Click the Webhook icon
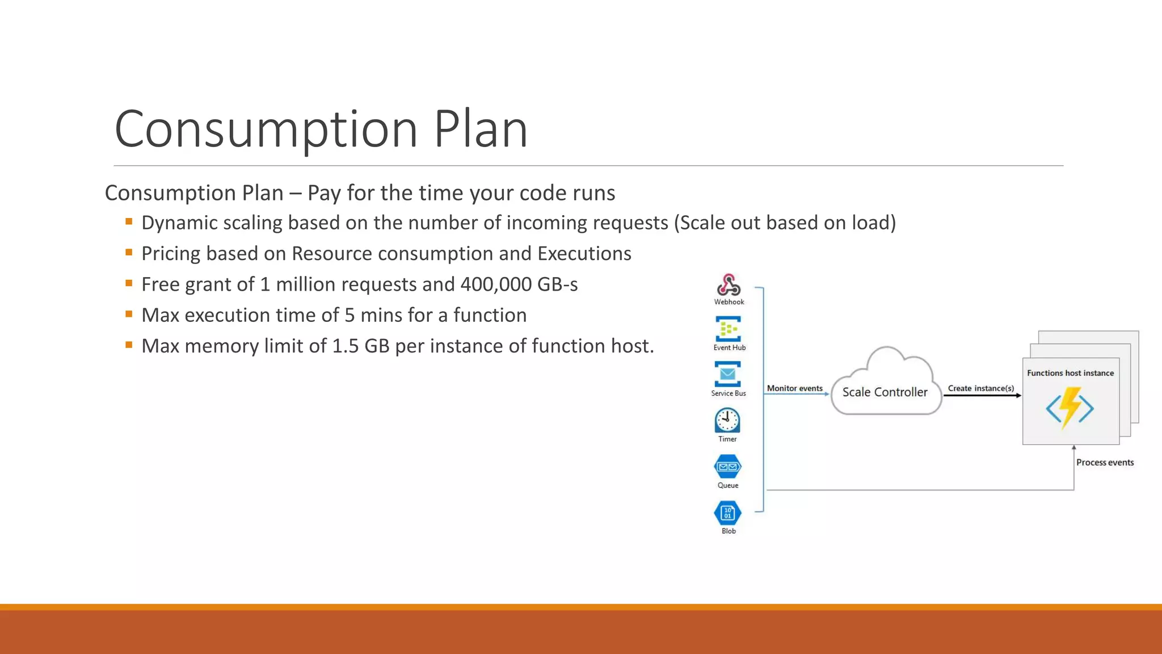tap(729, 285)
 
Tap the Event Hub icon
tap(728, 329)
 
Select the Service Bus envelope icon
tap(727, 374)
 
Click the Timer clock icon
tap(727, 421)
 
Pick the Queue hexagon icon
tap(727, 467)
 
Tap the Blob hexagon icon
tap(727, 513)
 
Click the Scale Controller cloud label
tap(885, 392)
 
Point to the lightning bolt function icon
tap(1070, 407)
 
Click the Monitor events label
tap(794, 388)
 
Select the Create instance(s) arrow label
tap(980, 388)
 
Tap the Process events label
tap(1105, 463)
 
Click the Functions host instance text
tap(1070, 373)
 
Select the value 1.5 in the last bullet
tap(345, 346)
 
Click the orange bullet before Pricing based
tap(129, 252)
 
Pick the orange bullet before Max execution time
tap(129, 313)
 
